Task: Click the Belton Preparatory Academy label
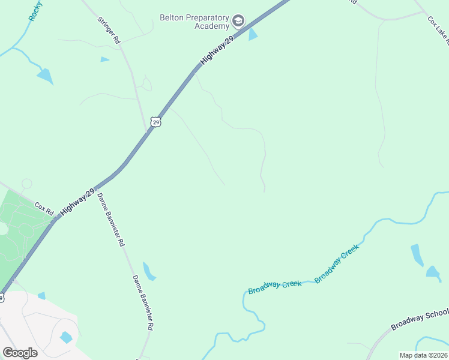(195, 22)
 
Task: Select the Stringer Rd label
(109, 29)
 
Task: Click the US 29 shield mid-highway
(156, 122)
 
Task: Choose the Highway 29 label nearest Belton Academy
(216, 50)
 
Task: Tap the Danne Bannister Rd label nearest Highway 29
(111, 220)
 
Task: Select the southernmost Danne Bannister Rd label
(143, 302)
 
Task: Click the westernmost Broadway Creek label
(274, 287)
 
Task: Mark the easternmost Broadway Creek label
(337, 263)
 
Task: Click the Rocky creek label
(35, 11)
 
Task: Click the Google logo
(20, 353)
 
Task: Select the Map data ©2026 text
(423, 355)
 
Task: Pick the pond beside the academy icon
(253, 34)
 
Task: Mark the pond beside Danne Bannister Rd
(149, 272)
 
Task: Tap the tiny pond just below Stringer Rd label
(104, 59)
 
